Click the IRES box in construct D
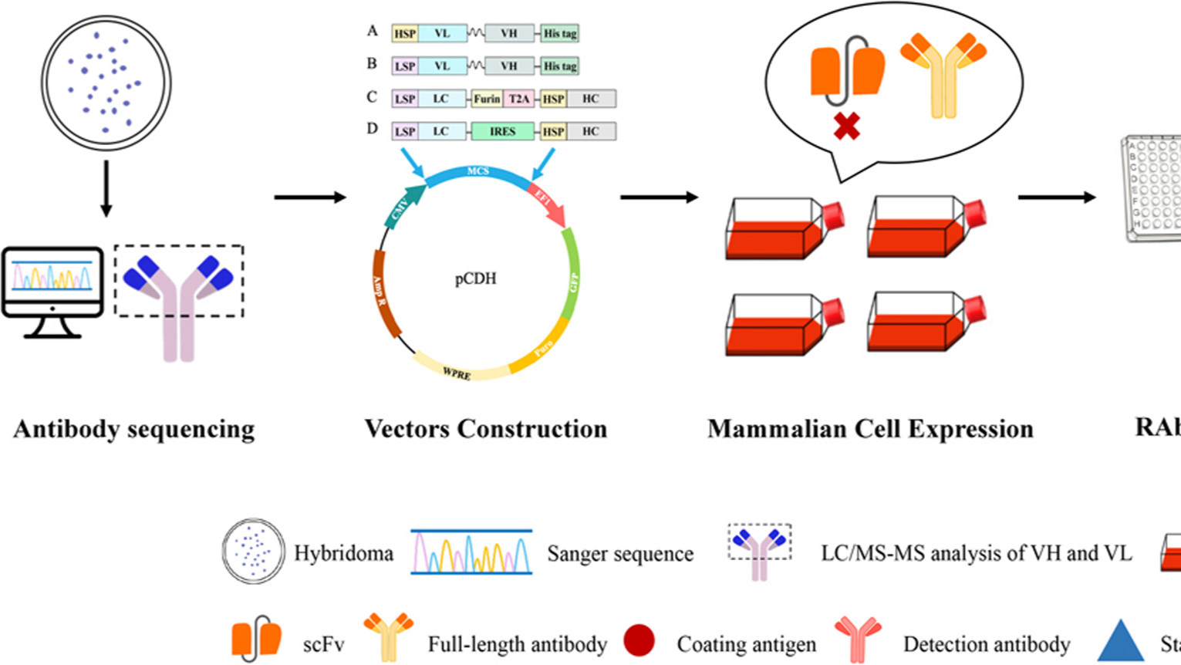click(502, 132)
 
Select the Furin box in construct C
click(487, 99)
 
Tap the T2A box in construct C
click(518, 99)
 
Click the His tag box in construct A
click(559, 33)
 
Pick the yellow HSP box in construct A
click(405, 33)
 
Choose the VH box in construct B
click(509, 66)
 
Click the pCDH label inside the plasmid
click(475, 278)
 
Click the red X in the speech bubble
click(847, 127)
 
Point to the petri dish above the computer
click(106, 83)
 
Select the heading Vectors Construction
click(486, 429)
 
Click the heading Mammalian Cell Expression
click(870, 429)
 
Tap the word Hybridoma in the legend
click(343, 553)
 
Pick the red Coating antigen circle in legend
click(639, 641)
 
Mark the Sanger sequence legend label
click(620, 553)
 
